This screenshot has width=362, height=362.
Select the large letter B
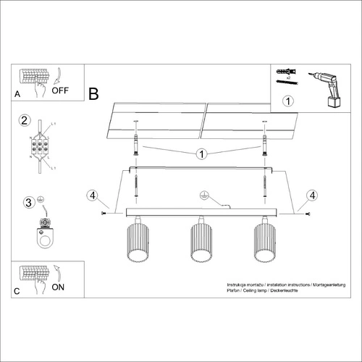(93, 93)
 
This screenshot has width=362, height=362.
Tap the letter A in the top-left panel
(17, 95)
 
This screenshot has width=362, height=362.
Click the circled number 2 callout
(24, 119)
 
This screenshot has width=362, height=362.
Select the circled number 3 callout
(28, 202)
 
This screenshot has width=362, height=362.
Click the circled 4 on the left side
(91, 195)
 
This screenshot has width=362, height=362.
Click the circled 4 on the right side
(311, 195)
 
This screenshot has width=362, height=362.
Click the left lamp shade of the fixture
(136, 243)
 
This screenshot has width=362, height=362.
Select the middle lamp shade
(201, 243)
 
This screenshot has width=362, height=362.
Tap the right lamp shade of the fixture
(265, 243)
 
